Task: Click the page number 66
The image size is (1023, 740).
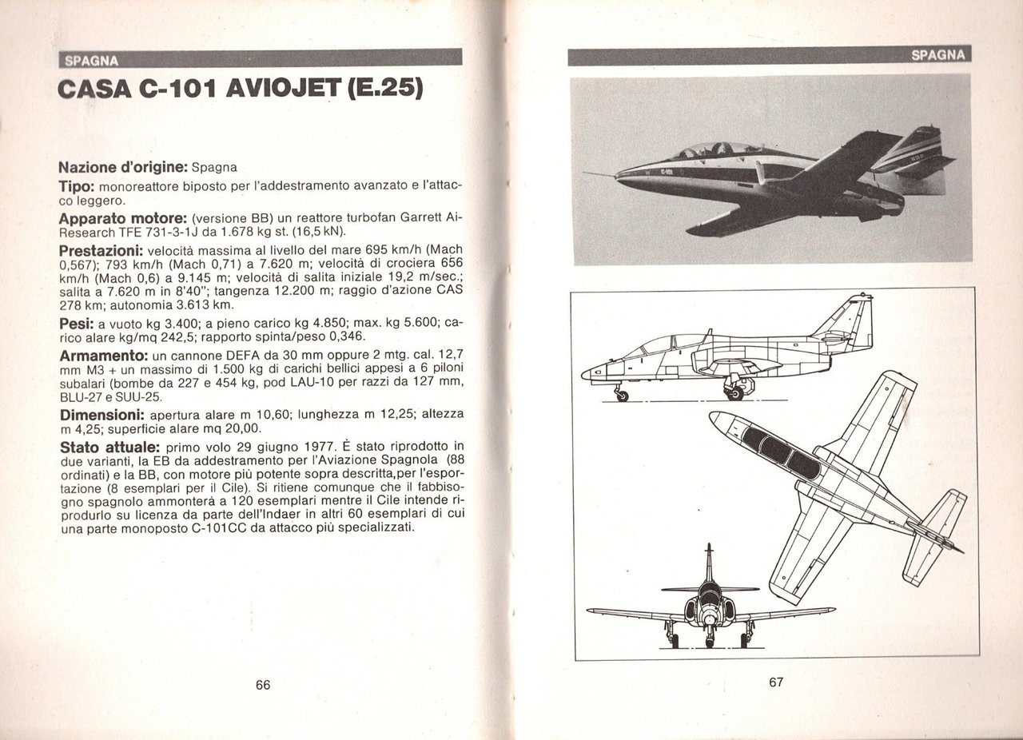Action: (x=264, y=685)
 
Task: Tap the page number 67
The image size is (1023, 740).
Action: (x=776, y=682)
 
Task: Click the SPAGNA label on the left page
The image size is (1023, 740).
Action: (x=91, y=59)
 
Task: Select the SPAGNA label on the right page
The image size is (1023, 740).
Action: (x=938, y=55)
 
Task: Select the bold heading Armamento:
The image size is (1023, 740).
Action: (x=104, y=354)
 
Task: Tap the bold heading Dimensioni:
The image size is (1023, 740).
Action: (x=102, y=416)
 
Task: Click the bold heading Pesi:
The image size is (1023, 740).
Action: (x=77, y=324)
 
